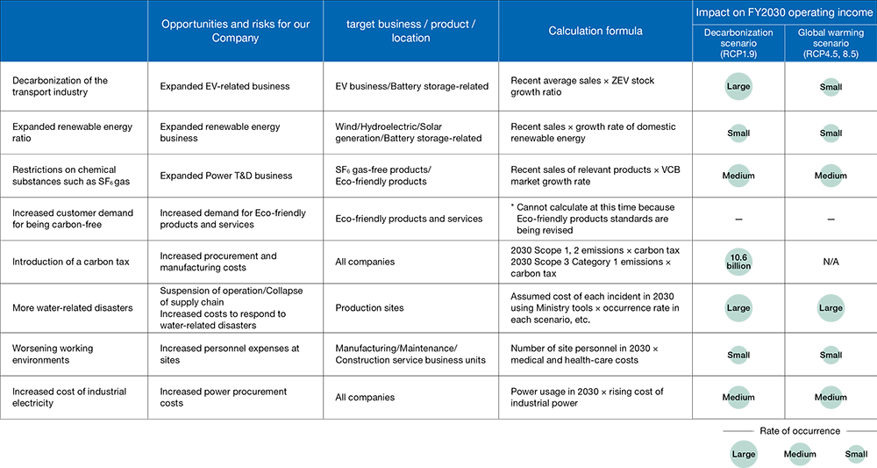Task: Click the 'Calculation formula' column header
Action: pyautogui.click(x=595, y=32)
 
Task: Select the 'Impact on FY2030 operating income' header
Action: pyautogui.click(x=783, y=12)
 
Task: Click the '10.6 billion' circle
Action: pyautogui.click(x=738, y=262)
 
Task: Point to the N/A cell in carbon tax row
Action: pyautogui.click(x=830, y=262)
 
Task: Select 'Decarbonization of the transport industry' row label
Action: pyautogui.click(x=61, y=86)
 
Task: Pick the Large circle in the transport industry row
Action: pyautogui.click(x=738, y=87)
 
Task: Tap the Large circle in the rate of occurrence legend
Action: pyautogui.click(x=744, y=454)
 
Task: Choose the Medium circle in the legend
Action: pyautogui.click(x=800, y=454)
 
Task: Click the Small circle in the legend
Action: pyautogui.click(x=856, y=454)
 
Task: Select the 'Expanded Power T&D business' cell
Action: pyautogui.click(x=226, y=176)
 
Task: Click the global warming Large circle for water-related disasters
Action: pyautogui.click(x=830, y=308)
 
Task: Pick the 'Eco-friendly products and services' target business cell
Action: pyautogui.click(x=409, y=219)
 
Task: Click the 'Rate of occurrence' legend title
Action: pyautogui.click(x=799, y=430)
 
